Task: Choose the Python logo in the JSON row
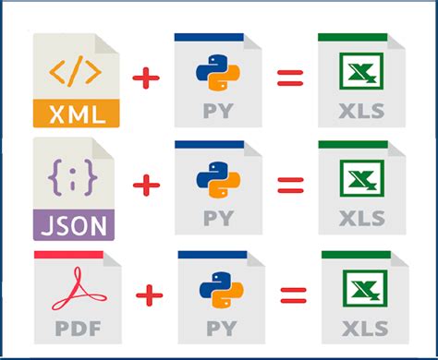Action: pos(213,180)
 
